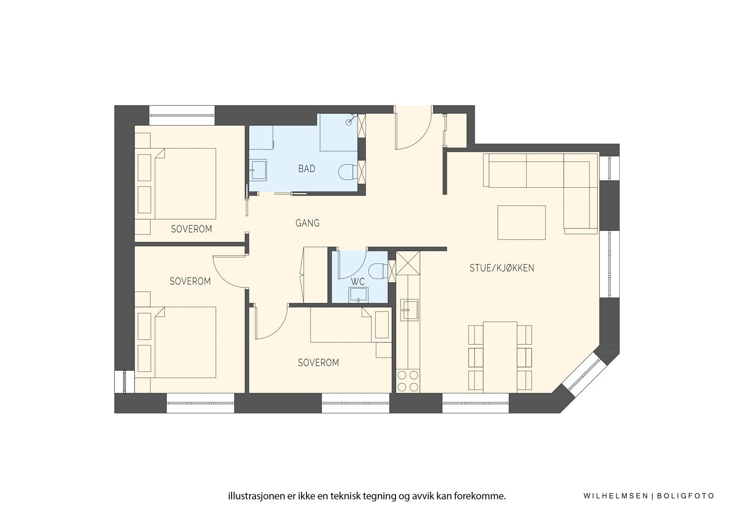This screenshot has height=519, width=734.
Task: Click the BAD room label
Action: click(306, 169)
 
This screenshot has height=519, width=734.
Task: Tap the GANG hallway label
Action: click(307, 223)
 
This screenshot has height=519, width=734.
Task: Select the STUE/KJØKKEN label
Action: click(501, 268)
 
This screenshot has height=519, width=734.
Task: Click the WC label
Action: click(357, 281)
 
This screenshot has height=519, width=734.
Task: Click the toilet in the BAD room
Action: click(347, 172)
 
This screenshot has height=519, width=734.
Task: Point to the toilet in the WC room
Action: click(378, 271)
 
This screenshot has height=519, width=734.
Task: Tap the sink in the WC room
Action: click(358, 294)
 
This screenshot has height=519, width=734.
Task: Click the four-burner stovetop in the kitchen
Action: click(408, 380)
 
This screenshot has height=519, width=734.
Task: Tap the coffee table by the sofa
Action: click(522, 223)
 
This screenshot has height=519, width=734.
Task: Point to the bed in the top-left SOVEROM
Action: click(185, 184)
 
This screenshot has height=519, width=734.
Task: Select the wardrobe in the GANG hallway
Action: click(311, 274)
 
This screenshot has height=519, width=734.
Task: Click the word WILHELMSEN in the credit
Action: click(616, 496)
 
